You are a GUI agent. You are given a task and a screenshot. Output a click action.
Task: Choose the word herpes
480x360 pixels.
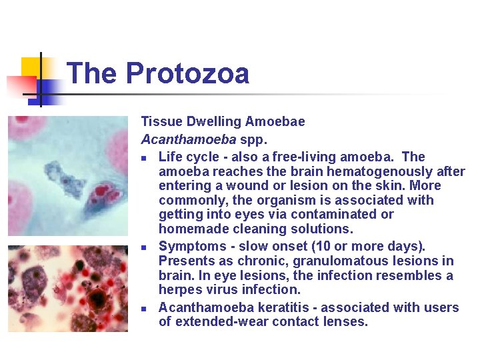pos(178,290)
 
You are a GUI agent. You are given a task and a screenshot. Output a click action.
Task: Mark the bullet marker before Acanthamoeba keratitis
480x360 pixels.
pos(145,309)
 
